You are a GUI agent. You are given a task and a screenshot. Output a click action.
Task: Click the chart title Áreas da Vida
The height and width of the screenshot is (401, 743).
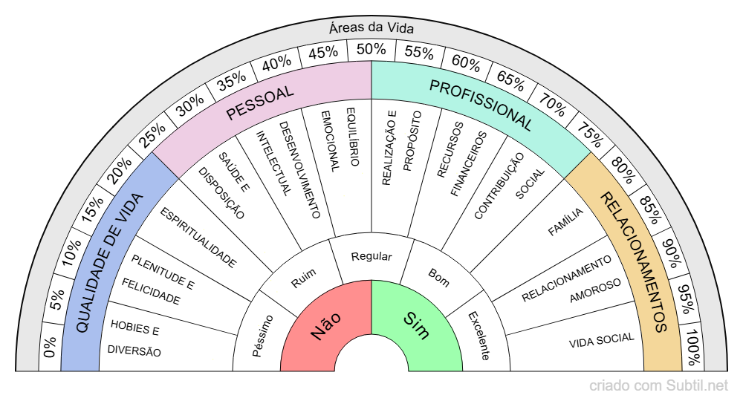coord(371,28)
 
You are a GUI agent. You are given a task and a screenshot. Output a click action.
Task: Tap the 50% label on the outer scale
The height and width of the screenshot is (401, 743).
coord(371,49)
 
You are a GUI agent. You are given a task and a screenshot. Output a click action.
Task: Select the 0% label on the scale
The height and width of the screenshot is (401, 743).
coord(50,348)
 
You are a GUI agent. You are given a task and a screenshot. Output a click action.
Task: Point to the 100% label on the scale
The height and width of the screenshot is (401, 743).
coord(692,348)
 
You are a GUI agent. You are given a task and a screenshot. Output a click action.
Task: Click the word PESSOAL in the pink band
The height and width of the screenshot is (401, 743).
coord(259,103)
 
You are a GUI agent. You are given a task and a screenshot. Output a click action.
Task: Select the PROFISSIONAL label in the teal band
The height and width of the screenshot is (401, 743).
coord(481,105)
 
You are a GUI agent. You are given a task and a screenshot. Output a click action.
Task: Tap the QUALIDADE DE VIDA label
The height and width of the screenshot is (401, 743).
coord(109,262)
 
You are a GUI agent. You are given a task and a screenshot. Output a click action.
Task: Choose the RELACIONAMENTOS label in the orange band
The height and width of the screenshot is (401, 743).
coord(634,262)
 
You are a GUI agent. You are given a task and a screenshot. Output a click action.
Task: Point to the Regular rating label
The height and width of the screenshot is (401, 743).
coord(371,257)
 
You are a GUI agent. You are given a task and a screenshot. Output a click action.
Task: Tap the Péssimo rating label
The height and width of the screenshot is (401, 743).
coord(262,336)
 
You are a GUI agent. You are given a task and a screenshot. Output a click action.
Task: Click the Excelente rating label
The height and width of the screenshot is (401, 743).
coord(478,336)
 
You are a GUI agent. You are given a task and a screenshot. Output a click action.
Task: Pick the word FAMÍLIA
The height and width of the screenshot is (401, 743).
coord(565,222)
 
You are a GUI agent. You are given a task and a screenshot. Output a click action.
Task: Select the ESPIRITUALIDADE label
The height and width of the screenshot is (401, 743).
coord(198,238)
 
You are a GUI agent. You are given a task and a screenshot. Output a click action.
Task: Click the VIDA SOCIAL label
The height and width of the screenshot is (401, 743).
coord(601,340)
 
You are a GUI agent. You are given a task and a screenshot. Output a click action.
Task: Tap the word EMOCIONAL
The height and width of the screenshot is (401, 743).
coord(331,141)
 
